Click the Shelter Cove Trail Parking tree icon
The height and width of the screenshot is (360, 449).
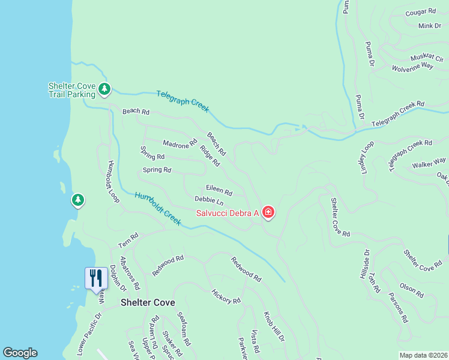pyautogui.click(x=105, y=90)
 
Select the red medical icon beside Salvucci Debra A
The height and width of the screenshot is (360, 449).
pyautogui.click(x=268, y=212)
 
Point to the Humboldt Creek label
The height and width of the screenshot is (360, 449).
pyautogui.click(x=158, y=208)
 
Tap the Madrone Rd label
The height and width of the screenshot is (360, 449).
pyautogui.click(x=180, y=143)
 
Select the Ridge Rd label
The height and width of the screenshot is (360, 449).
pyautogui.click(x=210, y=155)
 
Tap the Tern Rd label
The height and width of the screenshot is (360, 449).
pyautogui.click(x=128, y=240)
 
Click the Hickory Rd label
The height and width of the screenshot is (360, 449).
pyautogui.click(x=226, y=296)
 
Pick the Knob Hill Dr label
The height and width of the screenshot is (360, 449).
pyautogui.click(x=274, y=326)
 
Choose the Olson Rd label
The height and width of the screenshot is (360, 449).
pyautogui.click(x=412, y=290)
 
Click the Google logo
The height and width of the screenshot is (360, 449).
pyautogui.click(x=20, y=353)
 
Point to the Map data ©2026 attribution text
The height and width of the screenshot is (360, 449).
pyautogui.click(x=423, y=355)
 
